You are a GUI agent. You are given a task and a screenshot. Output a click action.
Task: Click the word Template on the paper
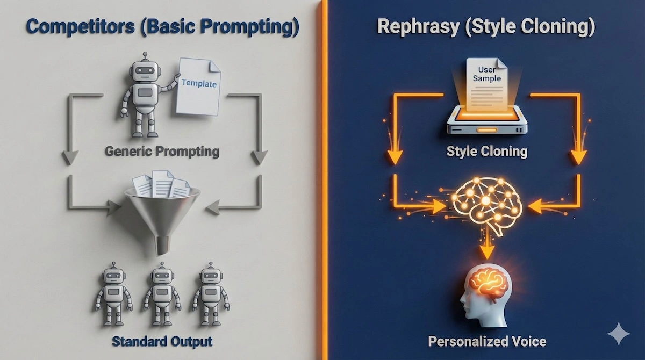pyautogui.click(x=199, y=83)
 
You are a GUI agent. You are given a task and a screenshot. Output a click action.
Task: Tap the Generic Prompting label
pyautogui.click(x=162, y=151)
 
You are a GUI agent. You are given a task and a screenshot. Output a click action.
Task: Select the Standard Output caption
pyautogui.click(x=162, y=341)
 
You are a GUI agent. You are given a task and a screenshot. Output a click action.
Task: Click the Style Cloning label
pyautogui.click(x=486, y=151)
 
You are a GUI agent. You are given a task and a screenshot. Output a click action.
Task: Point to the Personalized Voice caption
pyautogui.click(x=487, y=341)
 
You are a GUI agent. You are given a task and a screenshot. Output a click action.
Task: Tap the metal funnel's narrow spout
pyautogui.click(x=162, y=244)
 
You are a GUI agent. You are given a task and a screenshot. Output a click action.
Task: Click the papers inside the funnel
pyautogui.click(x=161, y=184)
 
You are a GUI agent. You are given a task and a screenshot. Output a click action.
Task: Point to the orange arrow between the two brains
pyautogui.click(x=486, y=247)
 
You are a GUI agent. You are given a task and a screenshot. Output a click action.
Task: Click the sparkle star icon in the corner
pyautogui.click(x=618, y=334)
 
